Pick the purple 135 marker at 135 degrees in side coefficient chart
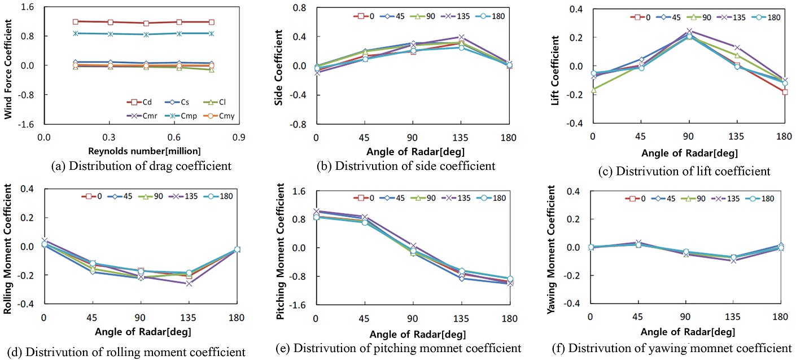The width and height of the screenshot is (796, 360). tap(461, 37)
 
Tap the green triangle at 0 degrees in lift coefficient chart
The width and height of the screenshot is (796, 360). tap(593, 90)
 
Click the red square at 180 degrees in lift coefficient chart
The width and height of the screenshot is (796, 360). tap(785, 92)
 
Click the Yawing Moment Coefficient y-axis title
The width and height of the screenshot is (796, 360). tap(556, 246)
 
